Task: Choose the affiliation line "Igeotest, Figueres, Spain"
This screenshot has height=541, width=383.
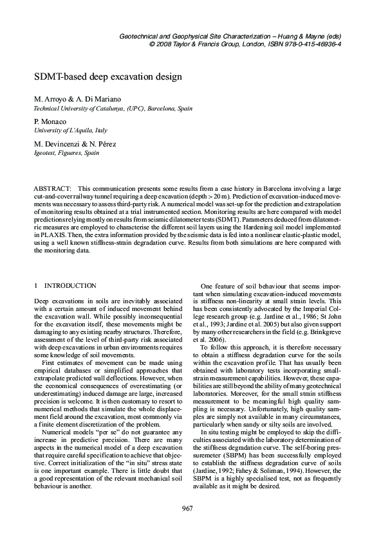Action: (x=66, y=154)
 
